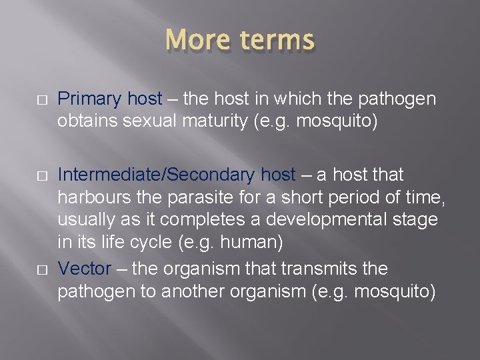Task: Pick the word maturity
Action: click(215, 122)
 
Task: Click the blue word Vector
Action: click(84, 269)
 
